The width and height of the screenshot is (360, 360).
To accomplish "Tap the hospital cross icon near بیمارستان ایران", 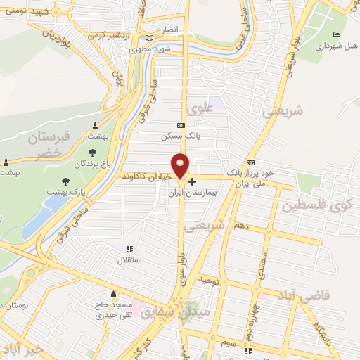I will [x=193, y=181].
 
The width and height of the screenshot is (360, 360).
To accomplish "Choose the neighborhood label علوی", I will [x=200, y=108].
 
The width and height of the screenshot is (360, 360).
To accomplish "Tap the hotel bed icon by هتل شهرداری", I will [x=336, y=35].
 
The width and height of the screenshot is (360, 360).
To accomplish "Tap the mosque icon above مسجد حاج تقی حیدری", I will [x=113, y=295].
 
